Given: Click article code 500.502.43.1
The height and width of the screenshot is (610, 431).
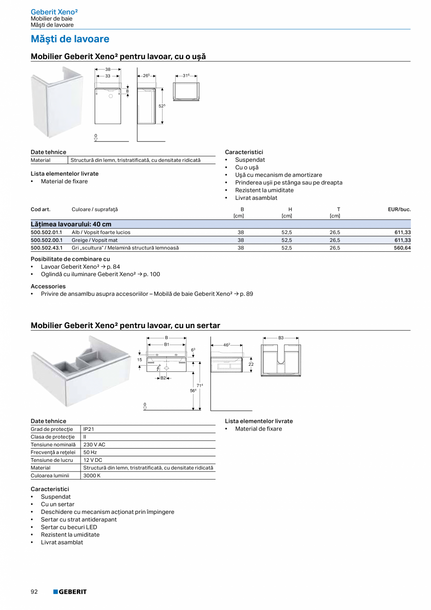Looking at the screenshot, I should point(46,248).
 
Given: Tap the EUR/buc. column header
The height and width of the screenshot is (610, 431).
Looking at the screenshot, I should point(399,210).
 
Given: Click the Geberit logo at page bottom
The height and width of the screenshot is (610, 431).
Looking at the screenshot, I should point(70,592).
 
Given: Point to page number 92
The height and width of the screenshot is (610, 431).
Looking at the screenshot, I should point(34,592).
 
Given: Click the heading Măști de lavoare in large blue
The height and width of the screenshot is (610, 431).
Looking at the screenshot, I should point(70,39).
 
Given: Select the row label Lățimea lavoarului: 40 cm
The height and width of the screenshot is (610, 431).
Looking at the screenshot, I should point(71,224).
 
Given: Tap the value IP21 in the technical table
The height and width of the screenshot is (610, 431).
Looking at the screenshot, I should point(89,429).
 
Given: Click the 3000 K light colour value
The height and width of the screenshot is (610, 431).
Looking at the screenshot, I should point(92,475).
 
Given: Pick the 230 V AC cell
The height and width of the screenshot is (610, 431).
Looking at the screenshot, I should point(94,444).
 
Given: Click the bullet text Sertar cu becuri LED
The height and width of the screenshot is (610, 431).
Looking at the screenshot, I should point(69,527).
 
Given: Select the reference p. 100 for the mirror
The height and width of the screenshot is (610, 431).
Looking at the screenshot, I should point(151,274).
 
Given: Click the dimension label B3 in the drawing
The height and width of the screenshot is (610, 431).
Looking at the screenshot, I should point(281,338).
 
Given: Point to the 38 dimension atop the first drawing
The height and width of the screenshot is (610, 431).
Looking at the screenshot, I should point(108,69).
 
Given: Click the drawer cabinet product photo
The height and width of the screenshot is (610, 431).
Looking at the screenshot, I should point(81,373).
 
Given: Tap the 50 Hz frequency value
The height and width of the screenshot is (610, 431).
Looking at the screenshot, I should point(90,452).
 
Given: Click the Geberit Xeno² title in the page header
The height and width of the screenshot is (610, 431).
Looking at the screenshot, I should point(54,11).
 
